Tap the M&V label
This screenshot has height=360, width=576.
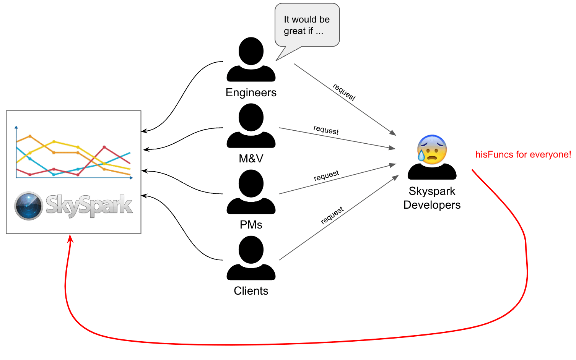click(251, 159)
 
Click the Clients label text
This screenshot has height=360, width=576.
click(251, 291)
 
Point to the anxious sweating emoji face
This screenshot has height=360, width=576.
click(432, 149)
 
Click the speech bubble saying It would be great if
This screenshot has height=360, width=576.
click(307, 25)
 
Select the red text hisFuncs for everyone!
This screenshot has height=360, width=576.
click(523, 154)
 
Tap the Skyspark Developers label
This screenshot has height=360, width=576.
click(432, 198)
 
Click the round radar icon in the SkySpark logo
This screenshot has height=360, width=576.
click(29, 206)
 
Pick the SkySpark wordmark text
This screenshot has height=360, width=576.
click(89, 206)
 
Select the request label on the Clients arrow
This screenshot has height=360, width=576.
click(332, 215)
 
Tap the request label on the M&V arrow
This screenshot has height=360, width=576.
click(326, 130)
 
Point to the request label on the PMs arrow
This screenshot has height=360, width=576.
click(326, 175)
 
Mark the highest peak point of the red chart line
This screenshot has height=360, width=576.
click(104, 147)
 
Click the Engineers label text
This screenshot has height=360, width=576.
click(251, 92)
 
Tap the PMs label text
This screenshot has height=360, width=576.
click(251, 225)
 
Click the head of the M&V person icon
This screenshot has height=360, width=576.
click(251, 117)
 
